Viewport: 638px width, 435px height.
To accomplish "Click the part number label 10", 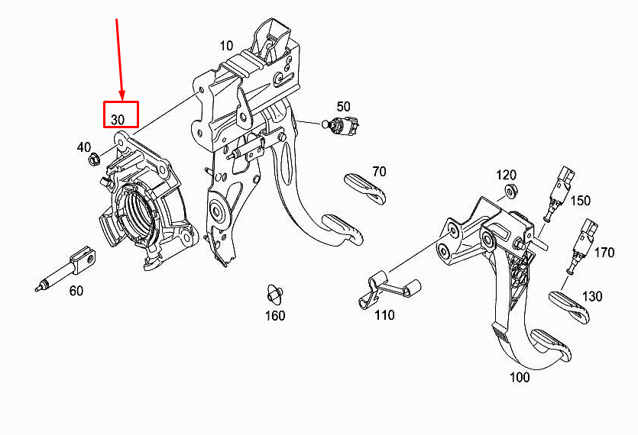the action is [x=227, y=46].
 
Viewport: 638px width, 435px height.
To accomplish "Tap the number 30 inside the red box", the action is [x=118, y=120].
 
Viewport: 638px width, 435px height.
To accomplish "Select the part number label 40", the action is [x=84, y=147].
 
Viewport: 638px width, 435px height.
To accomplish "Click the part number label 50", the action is [x=343, y=107].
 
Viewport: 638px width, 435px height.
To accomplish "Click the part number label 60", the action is [x=76, y=291].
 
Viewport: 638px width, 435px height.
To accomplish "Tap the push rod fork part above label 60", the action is [x=66, y=268].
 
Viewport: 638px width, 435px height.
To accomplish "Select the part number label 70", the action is [x=379, y=172].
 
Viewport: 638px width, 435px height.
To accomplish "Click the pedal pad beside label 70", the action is [x=365, y=188].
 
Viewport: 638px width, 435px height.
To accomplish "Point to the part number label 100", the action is [x=520, y=377].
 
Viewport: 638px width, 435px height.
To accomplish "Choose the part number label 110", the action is [x=384, y=315].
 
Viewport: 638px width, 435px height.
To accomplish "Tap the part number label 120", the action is [x=506, y=176].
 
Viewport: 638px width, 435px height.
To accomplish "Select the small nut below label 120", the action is [x=511, y=191].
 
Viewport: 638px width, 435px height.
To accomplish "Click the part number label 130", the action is [x=592, y=296].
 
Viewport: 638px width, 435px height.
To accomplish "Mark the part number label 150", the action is [x=580, y=201].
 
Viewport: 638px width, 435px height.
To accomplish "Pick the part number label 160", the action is [x=275, y=315].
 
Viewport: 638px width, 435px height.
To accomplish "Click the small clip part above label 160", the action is [x=274, y=294].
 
